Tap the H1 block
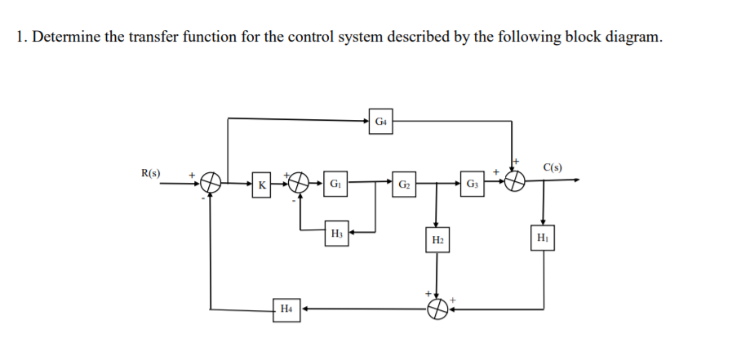[x=544, y=238]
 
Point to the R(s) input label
[x=151, y=173]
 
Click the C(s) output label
[x=553, y=168]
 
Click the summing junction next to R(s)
[x=211, y=183]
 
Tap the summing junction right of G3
[x=514, y=182]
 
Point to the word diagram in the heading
[x=625, y=38]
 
